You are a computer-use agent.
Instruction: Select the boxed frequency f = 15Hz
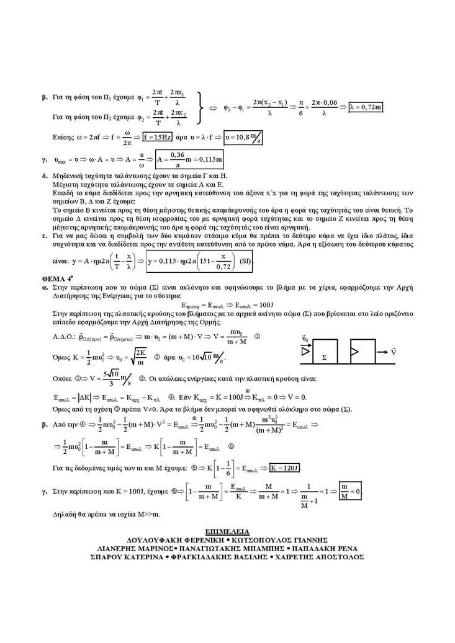point(157,137)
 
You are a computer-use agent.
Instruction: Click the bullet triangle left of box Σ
point(305,352)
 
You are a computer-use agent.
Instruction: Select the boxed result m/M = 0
point(351,490)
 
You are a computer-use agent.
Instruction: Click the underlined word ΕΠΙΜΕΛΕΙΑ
point(227,531)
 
